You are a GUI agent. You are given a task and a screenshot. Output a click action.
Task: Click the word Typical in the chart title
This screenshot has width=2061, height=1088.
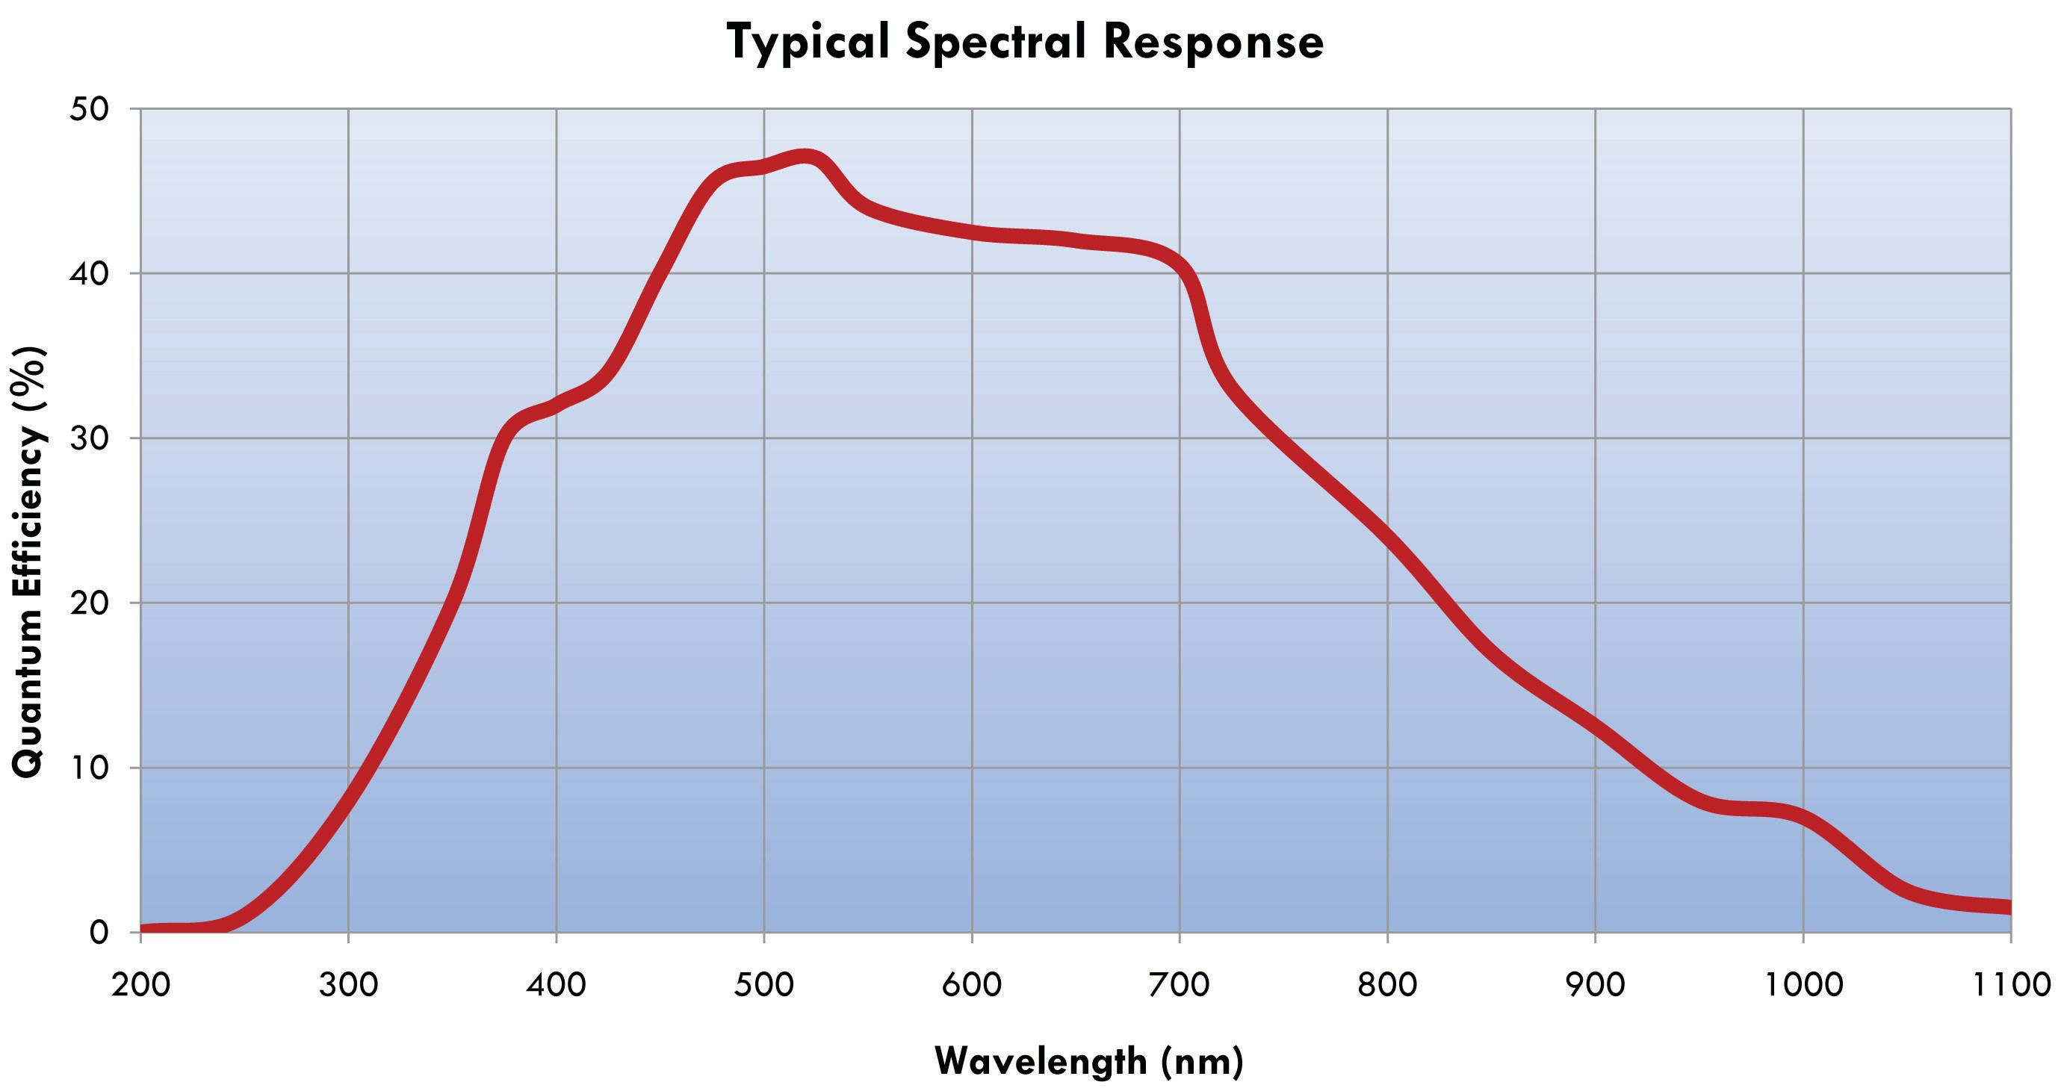click(808, 42)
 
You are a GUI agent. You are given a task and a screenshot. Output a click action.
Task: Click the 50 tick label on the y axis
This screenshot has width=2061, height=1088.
click(89, 109)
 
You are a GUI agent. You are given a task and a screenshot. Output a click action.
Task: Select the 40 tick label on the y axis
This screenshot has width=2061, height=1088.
click(89, 273)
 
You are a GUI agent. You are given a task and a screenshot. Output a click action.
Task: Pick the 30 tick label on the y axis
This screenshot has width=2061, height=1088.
click(89, 438)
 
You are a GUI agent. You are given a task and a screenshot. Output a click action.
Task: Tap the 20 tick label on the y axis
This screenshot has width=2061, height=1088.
click(89, 603)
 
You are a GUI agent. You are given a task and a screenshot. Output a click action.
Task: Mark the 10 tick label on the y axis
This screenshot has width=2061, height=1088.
click(89, 768)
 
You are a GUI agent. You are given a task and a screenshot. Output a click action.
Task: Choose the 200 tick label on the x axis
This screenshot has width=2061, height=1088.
click(141, 984)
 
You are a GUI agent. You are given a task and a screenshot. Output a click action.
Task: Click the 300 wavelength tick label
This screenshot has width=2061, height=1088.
click(348, 984)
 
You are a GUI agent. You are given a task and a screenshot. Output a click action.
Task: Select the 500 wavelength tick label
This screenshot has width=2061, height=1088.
click(764, 984)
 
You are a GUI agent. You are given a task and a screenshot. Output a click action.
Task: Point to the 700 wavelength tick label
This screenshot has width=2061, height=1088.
click(1180, 984)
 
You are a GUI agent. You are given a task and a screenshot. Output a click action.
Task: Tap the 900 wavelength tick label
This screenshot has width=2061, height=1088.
click(1596, 984)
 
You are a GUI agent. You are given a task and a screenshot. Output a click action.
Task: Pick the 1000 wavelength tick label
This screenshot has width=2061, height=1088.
click(1803, 984)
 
